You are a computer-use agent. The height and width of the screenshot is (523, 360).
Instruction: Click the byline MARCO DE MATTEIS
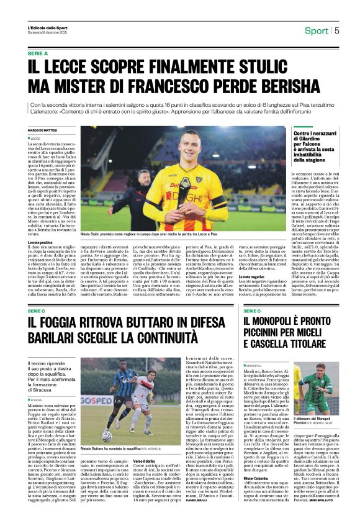tap(42, 130)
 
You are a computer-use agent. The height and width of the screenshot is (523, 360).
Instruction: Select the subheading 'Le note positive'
tap(40, 242)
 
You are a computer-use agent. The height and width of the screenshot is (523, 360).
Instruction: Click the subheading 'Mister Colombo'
tap(256, 462)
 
